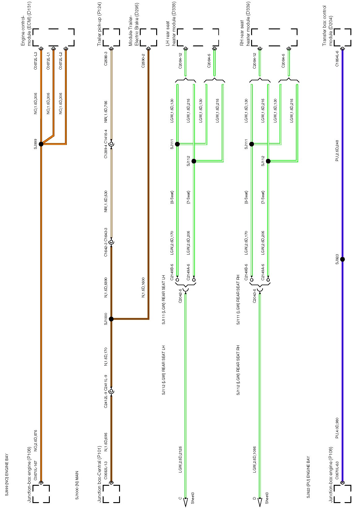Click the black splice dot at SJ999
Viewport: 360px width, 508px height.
point(41,144)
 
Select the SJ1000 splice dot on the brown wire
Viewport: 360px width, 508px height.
point(111,319)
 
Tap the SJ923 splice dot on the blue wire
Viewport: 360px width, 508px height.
point(342,259)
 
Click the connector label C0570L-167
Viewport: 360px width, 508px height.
point(36,467)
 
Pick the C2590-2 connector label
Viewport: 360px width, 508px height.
point(143,61)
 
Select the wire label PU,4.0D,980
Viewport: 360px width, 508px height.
point(337,428)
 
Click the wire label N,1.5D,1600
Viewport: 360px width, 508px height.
point(143,287)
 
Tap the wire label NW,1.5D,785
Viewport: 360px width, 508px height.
point(106,112)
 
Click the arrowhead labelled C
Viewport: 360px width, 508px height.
point(186,502)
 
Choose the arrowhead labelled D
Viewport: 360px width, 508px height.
point(260,502)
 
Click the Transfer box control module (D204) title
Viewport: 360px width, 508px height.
point(328,26)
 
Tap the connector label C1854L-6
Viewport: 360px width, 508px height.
point(337,59)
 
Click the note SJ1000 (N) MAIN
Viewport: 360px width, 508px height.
point(77,485)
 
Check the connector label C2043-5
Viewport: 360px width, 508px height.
point(255,296)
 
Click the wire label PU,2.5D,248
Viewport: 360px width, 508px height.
point(337,150)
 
